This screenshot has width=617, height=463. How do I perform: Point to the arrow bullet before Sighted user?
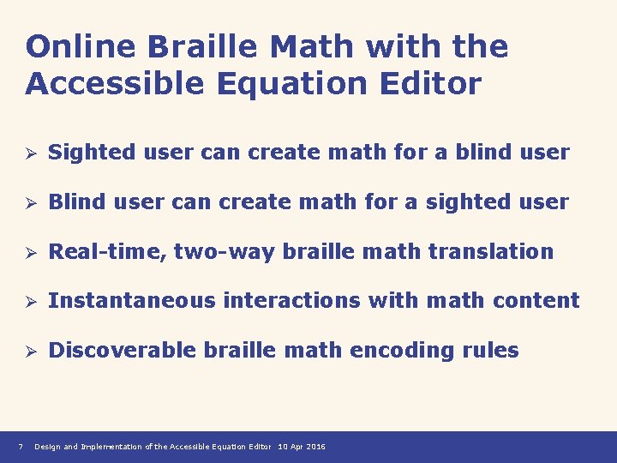point(30,153)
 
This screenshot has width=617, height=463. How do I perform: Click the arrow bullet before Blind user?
point(30,202)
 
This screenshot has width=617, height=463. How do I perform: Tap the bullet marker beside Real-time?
point(30,252)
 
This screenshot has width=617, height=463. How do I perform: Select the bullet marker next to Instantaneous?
point(30,301)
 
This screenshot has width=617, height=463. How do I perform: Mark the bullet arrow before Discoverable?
point(30,351)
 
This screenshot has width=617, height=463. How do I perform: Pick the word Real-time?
point(107,252)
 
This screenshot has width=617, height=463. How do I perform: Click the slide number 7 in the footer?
point(21,447)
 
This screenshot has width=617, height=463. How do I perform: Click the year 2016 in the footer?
point(316,447)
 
